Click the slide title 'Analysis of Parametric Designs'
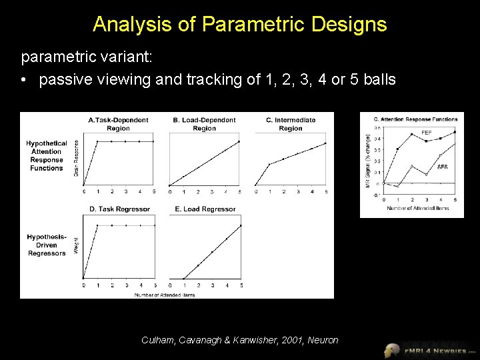point(240,25)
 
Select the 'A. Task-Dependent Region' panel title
point(118,124)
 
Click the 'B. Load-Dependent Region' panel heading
point(204,124)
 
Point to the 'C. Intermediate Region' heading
point(290,124)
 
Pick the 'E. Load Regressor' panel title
point(205,209)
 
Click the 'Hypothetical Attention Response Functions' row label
point(47,156)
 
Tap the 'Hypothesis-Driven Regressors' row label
point(47,245)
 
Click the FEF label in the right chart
point(426,133)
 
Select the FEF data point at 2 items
point(412,134)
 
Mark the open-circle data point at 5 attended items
point(455,144)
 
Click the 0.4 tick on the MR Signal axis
point(378,139)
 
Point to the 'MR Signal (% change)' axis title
point(368,160)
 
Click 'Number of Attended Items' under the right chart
point(418,208)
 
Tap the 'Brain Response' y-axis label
point(76,157)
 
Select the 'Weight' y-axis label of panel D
point(76,245)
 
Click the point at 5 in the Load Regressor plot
point(241,225)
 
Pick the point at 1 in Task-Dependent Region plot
point(97,141)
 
